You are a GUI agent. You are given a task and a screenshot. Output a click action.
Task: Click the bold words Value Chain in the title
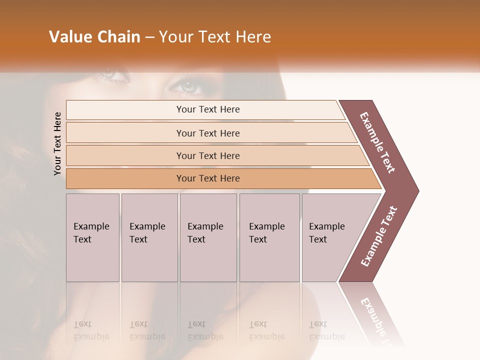tap(94, 37)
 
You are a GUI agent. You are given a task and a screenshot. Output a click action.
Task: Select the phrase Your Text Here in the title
tap(215, 37)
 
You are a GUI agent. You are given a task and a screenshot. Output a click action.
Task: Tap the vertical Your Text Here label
tap(57, 143)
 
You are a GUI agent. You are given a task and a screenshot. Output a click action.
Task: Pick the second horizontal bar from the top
tap(208, 133)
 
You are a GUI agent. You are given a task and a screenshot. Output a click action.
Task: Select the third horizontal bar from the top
tap(208, 155)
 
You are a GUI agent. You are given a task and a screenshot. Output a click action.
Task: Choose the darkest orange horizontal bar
tap(208, 178)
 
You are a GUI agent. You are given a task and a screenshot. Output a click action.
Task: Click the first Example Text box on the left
tap(92, 237)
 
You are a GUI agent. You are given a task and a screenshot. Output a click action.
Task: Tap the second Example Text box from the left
tap(149, 237)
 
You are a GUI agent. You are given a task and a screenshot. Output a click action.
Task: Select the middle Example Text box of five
tap(208, 237)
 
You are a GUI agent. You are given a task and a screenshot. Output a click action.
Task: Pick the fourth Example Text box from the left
tap(269, 237)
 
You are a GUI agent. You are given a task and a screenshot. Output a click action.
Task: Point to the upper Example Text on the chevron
tap(377, 142)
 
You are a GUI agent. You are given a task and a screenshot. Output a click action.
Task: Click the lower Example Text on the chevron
tap(379, 236)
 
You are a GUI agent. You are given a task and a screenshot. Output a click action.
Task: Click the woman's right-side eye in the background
tap(187, 86)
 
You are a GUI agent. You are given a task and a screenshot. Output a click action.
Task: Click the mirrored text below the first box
tap(91, 330)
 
